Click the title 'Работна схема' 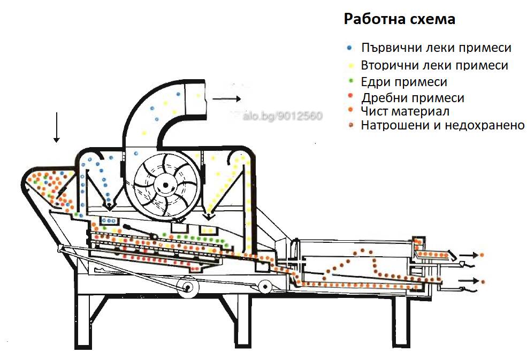coord(399,19)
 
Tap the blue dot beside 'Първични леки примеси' coord(349,48)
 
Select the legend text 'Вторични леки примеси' coord(434,65)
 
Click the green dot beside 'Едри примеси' coord(351,81)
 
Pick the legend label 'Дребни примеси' coord(413,98)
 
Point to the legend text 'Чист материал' coord(405,111)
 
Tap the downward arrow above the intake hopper coord(57,128)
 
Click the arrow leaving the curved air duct coord(226,99)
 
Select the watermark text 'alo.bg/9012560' coord(282,116)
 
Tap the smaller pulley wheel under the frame coord(265,287)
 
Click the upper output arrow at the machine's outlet coord(469,255)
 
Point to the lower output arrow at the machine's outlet coord(469,281)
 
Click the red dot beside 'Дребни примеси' coord(351,96)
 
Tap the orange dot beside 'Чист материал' coord(351,110)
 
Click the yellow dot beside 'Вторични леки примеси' coord(351,65)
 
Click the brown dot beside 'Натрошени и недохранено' coord(351,125)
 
